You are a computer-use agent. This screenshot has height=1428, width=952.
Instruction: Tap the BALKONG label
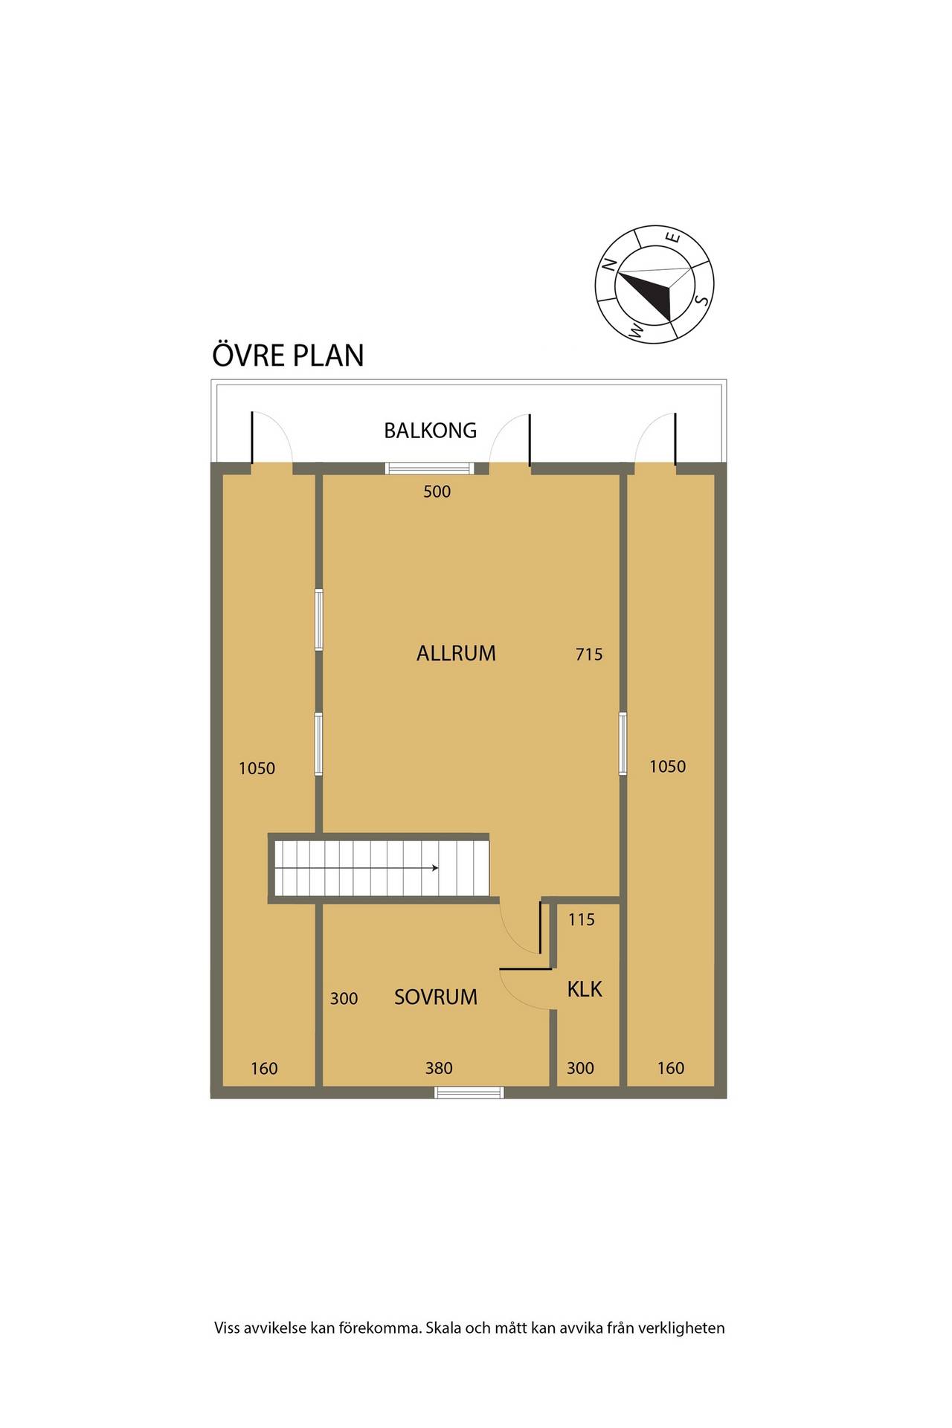pyautogui.click(x=430, y=430)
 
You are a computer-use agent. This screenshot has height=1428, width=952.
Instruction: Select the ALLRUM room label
pyautogui.click(x=456, y=653)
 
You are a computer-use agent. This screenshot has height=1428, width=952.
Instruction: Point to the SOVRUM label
pyautogui.click(x=436, y=997)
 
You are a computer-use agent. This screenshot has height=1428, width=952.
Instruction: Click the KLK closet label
pyautogui.click(x=585, y=989)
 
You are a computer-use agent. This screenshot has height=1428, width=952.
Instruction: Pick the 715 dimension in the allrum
pyautogui.click(x=589, y=654)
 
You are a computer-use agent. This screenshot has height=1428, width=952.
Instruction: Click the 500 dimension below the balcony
pyautogui.click(x=437, y=492)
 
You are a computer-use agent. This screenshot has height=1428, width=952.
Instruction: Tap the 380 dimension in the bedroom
pyautogui.click(x=439, y=1068)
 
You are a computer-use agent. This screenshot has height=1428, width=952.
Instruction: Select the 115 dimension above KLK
pyautogui.click(x=582, y=920)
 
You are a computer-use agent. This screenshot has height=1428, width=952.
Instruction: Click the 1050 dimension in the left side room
pyautogui.click(x=257, y=768)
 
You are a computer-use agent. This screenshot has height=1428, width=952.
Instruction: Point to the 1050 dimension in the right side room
pyautogui.click(x=668, y=766)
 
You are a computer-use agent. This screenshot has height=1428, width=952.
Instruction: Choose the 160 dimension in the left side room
pyautogui.click(x=264, y=1069)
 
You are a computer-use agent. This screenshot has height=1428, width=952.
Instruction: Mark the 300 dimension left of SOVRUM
pyautogui.click(x=344, y=999)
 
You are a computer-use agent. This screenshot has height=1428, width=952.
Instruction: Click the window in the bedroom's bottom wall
pyautogui.click(x=469, y=1092)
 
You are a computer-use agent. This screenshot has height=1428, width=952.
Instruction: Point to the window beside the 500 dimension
pyautogui.click(x=429, y=468)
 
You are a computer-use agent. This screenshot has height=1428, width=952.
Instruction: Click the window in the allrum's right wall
pyautogui.click(x=623, y=743)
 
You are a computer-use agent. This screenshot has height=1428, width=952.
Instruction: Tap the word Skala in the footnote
pyautogui.click(x=443, y=1328)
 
